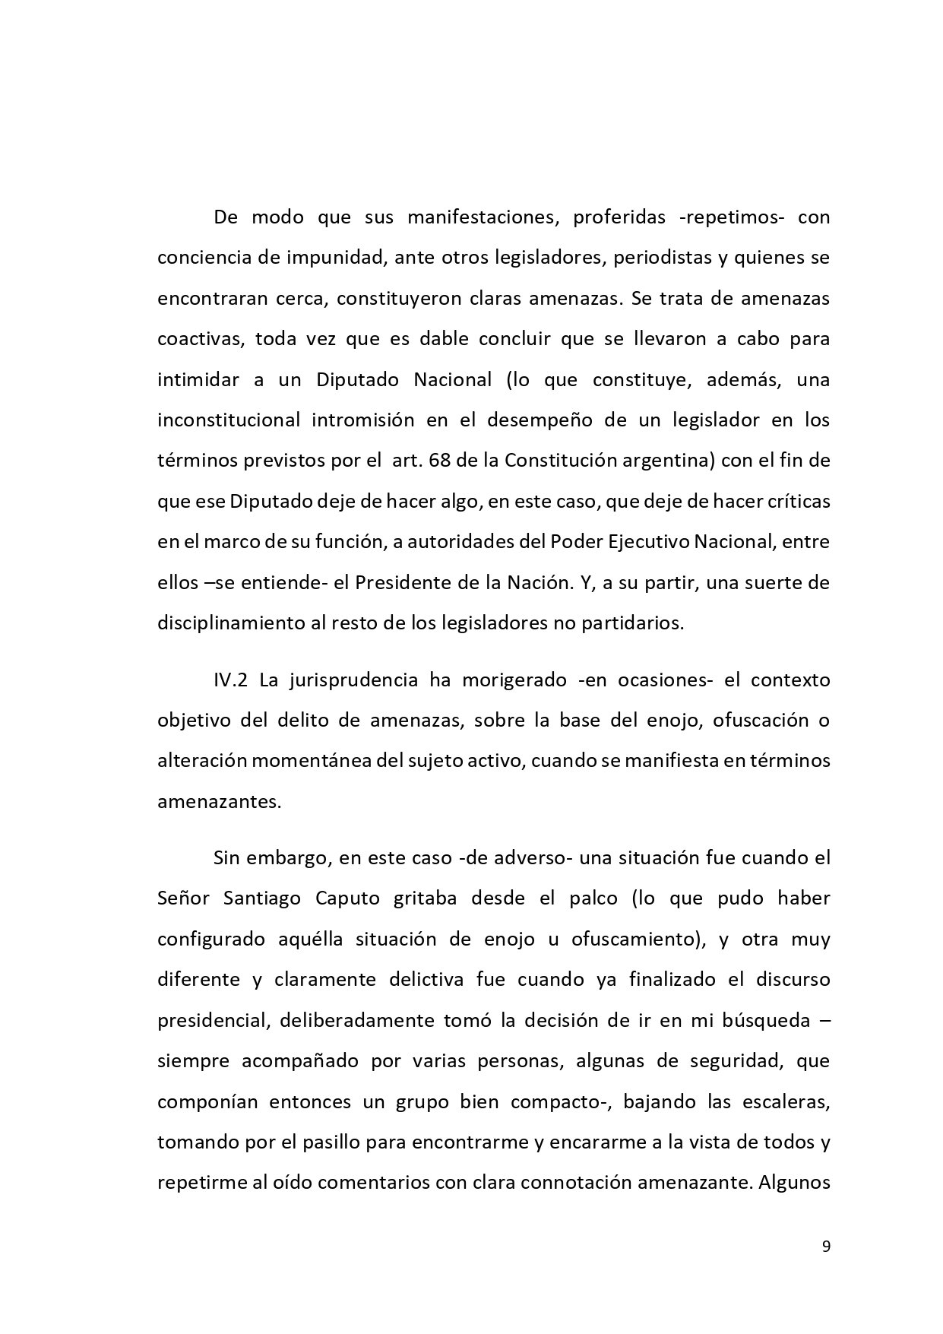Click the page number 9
coord(826,1246)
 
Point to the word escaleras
coord(786,1101)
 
